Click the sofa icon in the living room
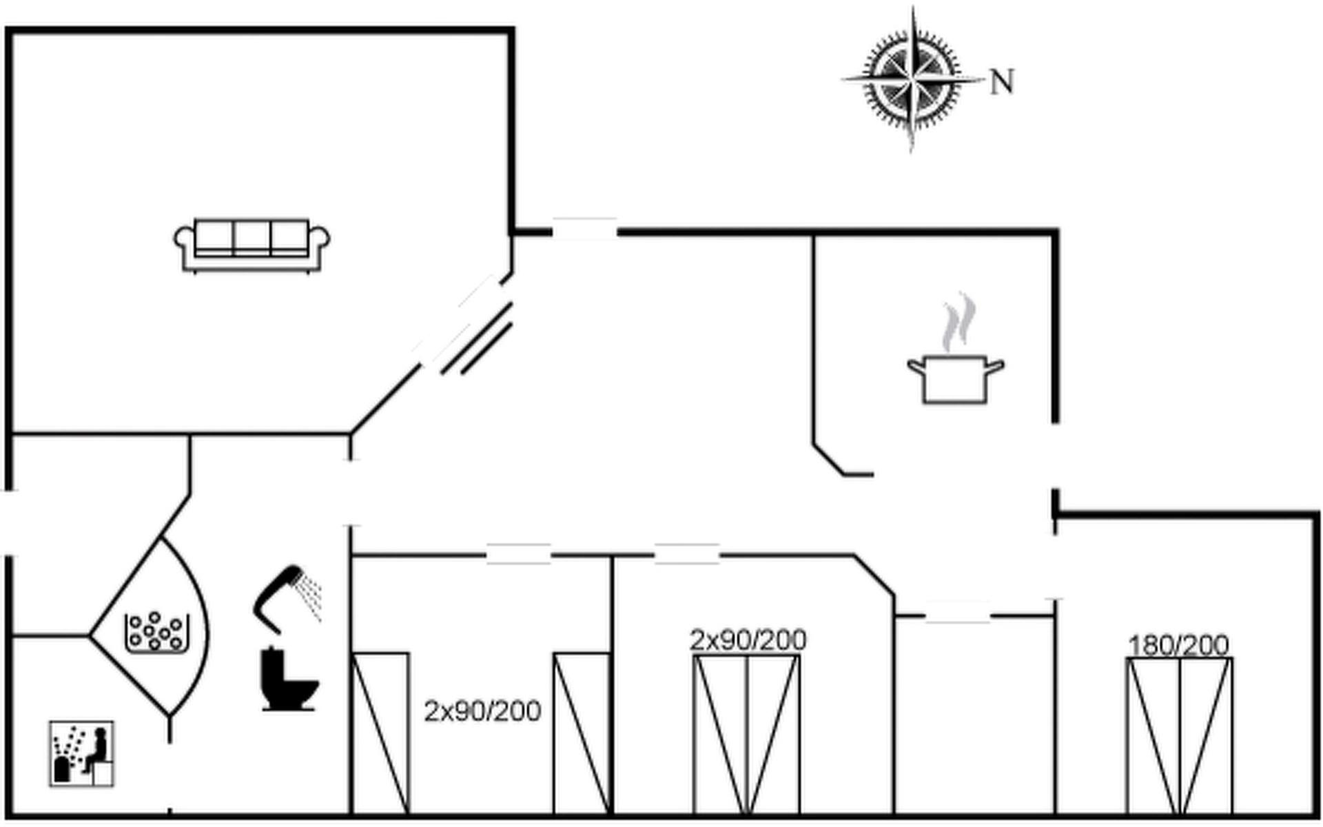click(252, 246)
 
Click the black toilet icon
click(288, 679)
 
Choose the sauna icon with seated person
click(81, 753)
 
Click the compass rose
click(912, 79)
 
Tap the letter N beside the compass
click(1002, 82)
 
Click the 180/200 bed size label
click(1178, 646)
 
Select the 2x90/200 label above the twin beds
click(748, 640)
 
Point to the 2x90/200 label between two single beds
click(482, 711)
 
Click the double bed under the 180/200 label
click(1180, 735)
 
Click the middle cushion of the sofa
click(252, 238)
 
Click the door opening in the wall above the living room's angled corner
click(584, 229)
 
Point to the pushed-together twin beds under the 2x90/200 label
click(747, 734)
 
